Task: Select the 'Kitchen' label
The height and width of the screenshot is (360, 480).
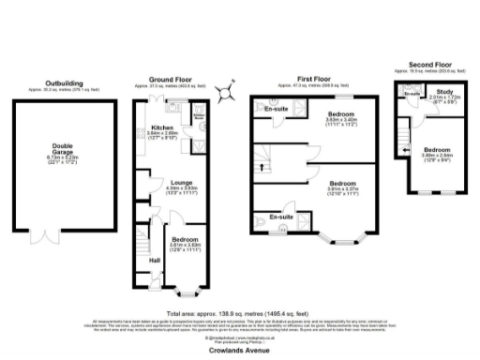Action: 162,127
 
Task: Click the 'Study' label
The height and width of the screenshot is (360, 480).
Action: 443,92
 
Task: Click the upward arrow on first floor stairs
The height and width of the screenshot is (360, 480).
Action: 262,168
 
